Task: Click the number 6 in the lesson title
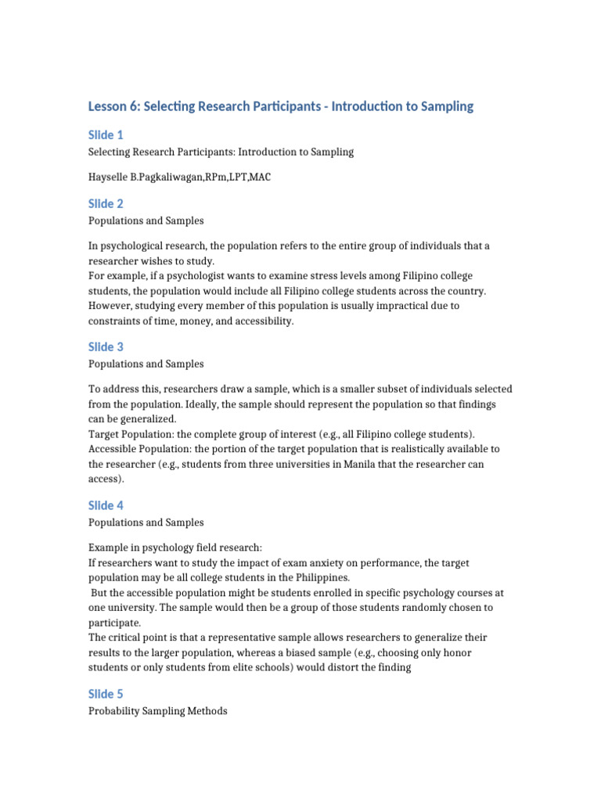131,106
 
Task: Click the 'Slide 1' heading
106,135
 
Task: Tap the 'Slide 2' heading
106,204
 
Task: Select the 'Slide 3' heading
106,347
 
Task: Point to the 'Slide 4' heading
106,505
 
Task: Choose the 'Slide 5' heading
106,694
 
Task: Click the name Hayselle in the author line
110,177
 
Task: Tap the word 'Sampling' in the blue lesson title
445,106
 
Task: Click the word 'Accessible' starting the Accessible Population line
113,449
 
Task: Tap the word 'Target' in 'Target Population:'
104,434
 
